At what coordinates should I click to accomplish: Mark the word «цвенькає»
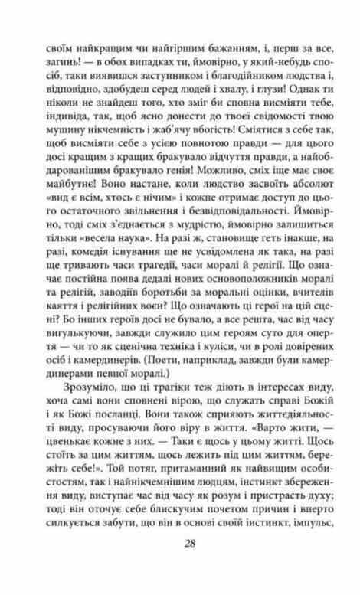pos(74,481)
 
